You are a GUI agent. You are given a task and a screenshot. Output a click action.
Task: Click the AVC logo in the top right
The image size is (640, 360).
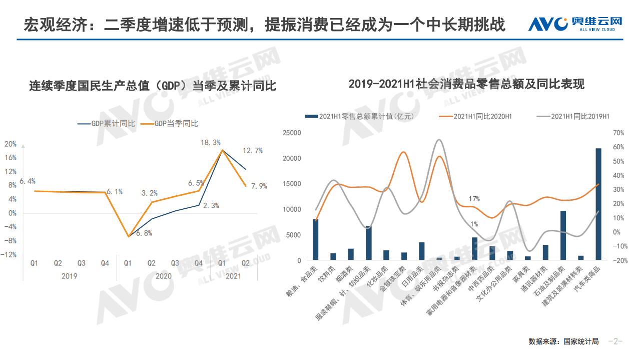(574, 24)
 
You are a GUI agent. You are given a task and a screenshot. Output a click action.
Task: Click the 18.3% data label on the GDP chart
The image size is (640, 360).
(211, 143)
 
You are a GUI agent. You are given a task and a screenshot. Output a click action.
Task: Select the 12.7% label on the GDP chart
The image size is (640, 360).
(252, 150)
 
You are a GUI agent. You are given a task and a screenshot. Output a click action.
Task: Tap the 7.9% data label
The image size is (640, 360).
(259, 186)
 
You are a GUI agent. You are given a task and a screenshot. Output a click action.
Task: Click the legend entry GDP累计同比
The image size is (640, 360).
(107, 123)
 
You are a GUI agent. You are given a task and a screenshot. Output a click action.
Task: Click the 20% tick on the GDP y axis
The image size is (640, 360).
(10, 144)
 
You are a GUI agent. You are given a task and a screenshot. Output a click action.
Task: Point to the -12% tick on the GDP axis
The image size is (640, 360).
(9, 254)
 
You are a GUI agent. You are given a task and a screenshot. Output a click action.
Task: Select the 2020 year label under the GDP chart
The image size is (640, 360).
(163, 276)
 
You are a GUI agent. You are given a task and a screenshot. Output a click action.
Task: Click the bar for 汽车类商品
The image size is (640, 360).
(598, 204)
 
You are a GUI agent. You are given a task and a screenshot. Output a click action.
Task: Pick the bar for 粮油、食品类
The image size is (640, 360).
(315, 240)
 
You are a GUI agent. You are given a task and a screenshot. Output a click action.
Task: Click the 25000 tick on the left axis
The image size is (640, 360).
(292, 133)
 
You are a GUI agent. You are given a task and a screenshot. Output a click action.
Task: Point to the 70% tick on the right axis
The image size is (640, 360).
(618, 133)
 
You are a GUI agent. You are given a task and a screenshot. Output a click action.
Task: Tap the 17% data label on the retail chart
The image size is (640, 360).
(474, 199)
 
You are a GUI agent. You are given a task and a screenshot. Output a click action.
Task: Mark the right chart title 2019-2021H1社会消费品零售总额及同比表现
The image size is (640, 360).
(466, 84)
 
